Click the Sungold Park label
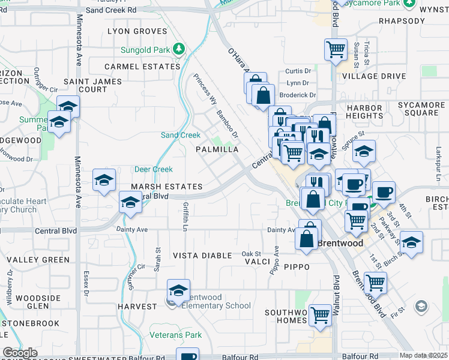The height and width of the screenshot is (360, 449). (146, 48)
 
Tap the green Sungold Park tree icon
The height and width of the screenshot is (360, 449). (178, 48)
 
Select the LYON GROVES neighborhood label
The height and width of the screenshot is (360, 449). (137, 31)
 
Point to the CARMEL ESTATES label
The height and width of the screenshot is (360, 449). (142, 67)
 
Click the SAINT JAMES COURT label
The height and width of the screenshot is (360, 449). (92, 85)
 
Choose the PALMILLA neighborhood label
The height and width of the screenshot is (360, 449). (218, 149)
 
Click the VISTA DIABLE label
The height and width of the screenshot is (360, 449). (202, 256)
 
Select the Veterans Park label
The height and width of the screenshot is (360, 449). (176, 335)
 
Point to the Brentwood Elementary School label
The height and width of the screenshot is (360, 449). (215, 302)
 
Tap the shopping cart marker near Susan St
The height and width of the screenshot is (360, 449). (336, 49)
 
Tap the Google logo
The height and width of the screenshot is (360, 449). (20, 353)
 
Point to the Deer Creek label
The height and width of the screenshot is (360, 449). (153, 170)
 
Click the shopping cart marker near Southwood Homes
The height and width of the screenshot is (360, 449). (320, 314)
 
